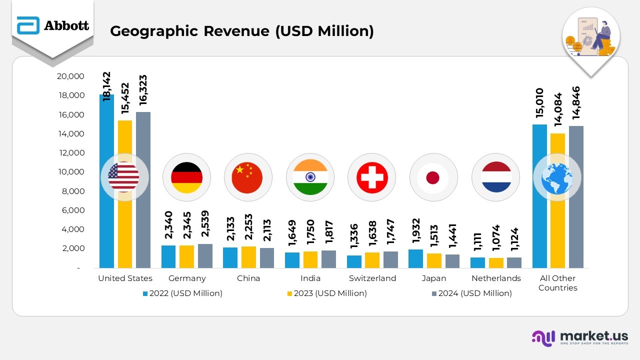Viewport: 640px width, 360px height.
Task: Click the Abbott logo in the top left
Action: pyautogui.click(x=52, y=25)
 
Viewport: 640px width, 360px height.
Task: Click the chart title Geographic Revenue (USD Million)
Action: pyautogui.click(x=241, y=31)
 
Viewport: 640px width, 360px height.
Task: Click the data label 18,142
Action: pyautogui.click(x=106, y=86)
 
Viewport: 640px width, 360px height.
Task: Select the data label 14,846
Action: pyautogui.click(x=576, y=102)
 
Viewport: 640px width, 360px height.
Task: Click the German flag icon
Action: pyautogui.click(x=186, y=177)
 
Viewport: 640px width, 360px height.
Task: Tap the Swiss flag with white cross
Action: pyautogui.click(x=371, y=177)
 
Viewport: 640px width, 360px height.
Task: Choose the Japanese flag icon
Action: pyautogui.click(x=433, y=177)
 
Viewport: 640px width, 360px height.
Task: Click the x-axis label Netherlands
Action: pyautogui.click(x=496, y=278)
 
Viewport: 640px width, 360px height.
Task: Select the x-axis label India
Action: pyautogui.click(x=310, y=278)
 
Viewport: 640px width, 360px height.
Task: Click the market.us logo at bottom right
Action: pyautogui.click(x=579, y=337)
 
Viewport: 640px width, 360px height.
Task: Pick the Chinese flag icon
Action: pyautogui.click(x=248, y=177)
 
